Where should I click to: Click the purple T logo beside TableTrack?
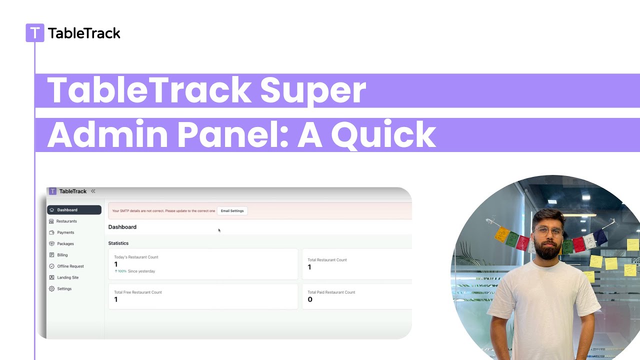point(34,33)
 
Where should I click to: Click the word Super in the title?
point(313,90)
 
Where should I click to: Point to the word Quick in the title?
point(383,134)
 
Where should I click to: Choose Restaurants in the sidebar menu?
point(66,221)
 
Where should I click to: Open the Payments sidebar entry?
point(65,232)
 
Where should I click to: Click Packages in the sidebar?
point(65,243)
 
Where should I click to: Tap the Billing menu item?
point(62,255)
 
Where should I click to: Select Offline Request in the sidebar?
point(70,266)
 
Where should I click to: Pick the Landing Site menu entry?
point(67,277)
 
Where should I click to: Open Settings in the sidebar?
point(64,288)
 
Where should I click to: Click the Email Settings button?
point(232,211)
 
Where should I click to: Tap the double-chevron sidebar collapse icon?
point(93,191)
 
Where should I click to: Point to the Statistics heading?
point(118,243)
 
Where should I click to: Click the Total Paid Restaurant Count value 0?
point(310,299)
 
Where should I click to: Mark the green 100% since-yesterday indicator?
point(120,271)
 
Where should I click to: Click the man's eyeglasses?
point(548,231)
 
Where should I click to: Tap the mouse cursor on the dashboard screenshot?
point(219,230)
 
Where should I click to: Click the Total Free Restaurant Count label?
point(138,292)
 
